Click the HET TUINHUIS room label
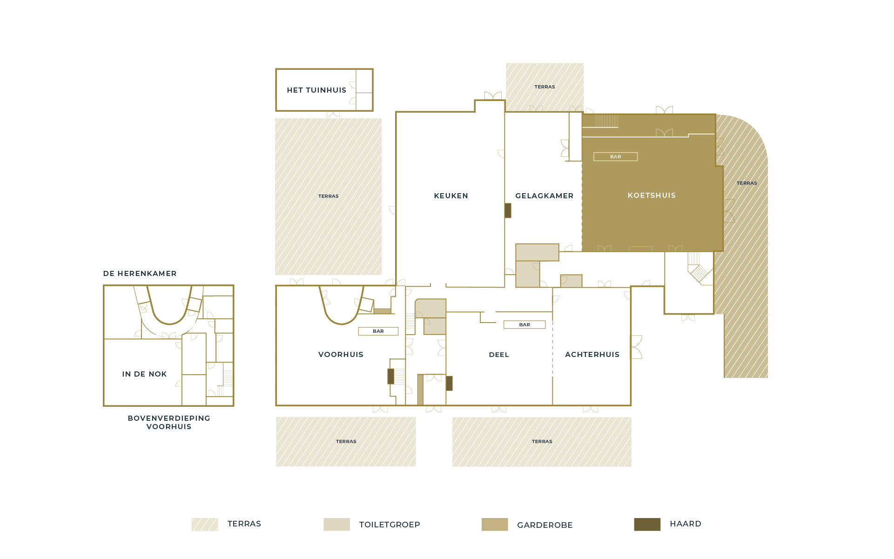(x=316, y=90)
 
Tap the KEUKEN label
(x=451, y=196)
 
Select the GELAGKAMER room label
(x=544, y=196)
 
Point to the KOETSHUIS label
(x=652, y=195)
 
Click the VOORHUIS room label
(x=341, y=355)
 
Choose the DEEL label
(x=499, y=355)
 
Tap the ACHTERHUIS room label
(x=592, y=355)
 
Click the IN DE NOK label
(x=144, y=374)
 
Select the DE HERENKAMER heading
(x=140, y=274)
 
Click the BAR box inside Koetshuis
(x=615, y=157)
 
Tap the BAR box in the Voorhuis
(x=378, y=331)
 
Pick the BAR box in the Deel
(x=524, y=325)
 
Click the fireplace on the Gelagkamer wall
(x=508, y=210)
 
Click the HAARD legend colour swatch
(x=647, y=525)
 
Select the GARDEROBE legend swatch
(x=495, y=525)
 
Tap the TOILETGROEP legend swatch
(x=336, y=525)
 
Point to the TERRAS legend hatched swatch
(x=205, y=525)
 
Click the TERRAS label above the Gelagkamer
(x=544, y=87)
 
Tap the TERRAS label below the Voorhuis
(x=346, y=442)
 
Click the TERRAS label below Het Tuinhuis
(x=328, y=196)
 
